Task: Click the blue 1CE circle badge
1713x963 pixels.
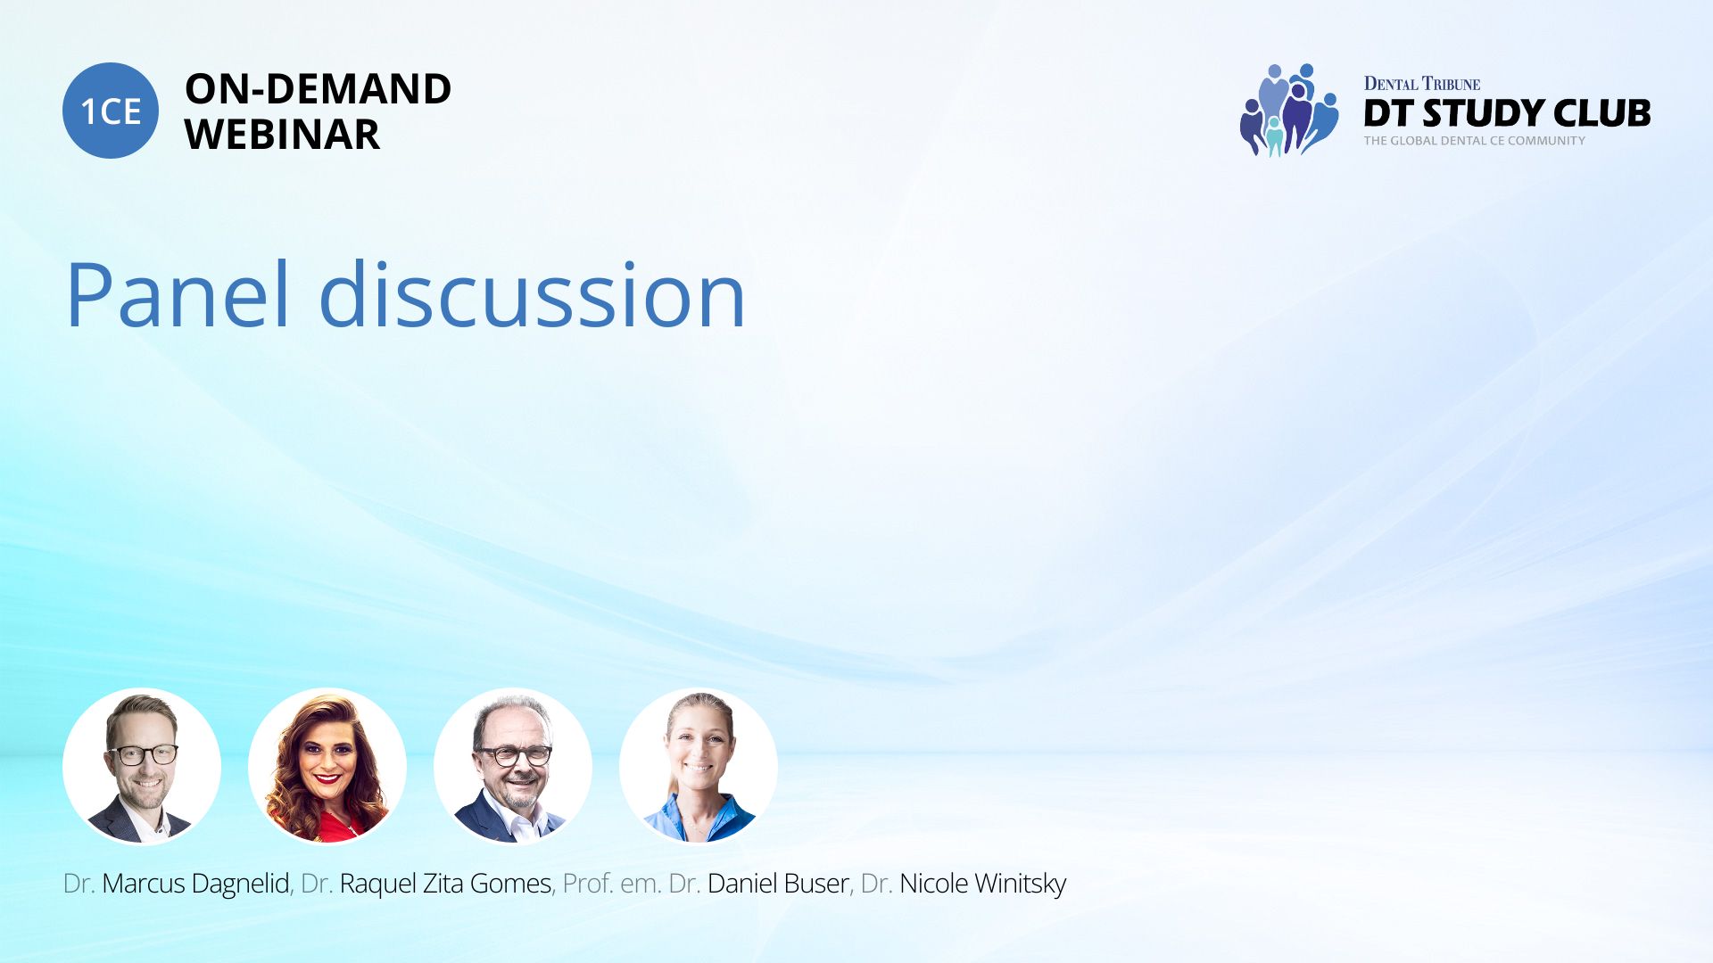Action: click(111, 111)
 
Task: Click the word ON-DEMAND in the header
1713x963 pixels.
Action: click(318, 89)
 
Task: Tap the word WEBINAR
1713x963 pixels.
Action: click(282, 135)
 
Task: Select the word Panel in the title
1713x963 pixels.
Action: click(178, 294)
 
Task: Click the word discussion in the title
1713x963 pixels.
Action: click(532, 294)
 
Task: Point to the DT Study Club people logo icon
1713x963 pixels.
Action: click(1289, 110)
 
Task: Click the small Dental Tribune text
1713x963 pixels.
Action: click(1422, 84)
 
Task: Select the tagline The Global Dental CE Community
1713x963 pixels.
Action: click(1475, 141)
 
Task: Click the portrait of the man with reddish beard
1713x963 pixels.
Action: click(142, 766)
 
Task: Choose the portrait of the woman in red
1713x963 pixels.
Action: click(327, 766)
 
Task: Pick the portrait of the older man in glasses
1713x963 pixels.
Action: click(513, 766)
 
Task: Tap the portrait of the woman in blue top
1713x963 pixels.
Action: click(699, 766)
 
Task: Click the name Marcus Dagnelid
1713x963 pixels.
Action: click(195, 884)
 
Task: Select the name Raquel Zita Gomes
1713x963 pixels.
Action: click(445, 884)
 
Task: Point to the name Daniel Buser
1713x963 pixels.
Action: click(778, 884)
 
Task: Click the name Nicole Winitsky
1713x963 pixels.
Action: click(982, 884)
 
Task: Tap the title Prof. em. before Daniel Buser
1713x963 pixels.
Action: click(612, 884)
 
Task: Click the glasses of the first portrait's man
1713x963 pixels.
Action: click(143, 754)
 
